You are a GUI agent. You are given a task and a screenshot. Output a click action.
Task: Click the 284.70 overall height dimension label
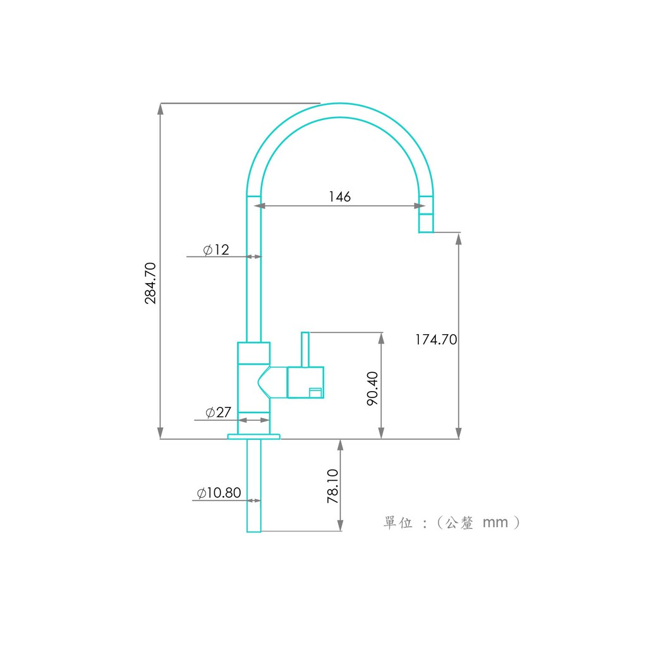click(150, 283)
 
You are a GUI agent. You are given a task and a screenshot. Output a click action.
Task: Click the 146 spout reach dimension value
click(339, 197)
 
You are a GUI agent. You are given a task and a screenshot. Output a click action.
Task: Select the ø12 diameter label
click(216, 250)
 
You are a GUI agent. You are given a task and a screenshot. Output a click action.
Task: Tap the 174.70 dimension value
click(436, 339)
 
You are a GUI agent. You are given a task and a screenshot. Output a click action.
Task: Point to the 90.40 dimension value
click(372, 389)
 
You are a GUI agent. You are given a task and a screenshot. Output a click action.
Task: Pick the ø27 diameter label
click(218, 412)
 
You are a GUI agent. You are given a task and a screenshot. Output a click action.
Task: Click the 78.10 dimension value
click(332, 486)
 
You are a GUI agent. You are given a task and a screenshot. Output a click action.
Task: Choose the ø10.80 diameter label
click(219, 493)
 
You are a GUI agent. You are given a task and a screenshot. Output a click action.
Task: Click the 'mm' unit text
click(495, 523)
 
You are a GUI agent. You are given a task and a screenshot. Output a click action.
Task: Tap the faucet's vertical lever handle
click(305, 349)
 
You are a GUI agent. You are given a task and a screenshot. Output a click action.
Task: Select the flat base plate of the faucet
click(254, 437)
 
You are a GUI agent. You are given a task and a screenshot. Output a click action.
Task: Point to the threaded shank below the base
click(254, 486)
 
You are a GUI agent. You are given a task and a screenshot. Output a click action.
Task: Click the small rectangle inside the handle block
click(316, 392)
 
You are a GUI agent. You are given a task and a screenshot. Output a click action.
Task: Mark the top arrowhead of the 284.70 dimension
click(160, 109)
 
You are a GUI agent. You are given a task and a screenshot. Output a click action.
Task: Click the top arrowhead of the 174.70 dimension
click(459, 239)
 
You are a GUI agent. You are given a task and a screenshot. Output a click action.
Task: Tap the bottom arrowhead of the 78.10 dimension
click(341, 525)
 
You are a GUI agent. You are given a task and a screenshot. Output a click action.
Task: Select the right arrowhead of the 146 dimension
click(420, 205)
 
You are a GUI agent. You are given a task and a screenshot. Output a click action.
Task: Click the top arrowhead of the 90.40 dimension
click(381, 339)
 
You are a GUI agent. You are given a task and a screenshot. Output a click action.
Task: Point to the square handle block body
click(305, 382)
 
